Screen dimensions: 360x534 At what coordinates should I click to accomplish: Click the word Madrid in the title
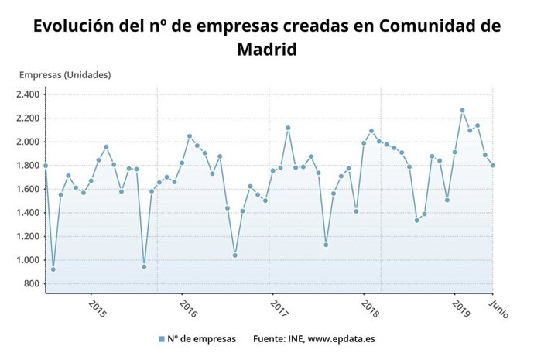coord(266,50)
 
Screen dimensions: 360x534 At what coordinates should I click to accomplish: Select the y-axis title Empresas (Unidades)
coord(65,75)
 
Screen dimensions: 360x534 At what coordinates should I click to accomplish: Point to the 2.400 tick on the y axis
coord(27,95)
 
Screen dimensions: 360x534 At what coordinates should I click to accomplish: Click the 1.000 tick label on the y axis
coord(27,260)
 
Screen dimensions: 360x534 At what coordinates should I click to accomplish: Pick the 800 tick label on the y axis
coord(31,284)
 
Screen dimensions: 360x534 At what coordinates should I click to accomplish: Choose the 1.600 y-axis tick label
coord(27,190)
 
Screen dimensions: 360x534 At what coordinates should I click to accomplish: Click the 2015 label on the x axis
coord(98,307)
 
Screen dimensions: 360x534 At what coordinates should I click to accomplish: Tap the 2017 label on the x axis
coord(279,307)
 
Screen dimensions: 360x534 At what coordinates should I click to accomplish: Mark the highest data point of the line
coord(462,111)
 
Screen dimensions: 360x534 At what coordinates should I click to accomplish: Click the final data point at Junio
coord(493,165)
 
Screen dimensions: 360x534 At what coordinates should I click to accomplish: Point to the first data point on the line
coord(46,166)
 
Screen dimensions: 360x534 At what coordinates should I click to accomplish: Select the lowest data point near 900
coord(53,269)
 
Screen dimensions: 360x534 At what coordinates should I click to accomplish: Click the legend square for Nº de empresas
coord(161,339)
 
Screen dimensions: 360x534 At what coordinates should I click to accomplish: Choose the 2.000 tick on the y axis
coord(27,142)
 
